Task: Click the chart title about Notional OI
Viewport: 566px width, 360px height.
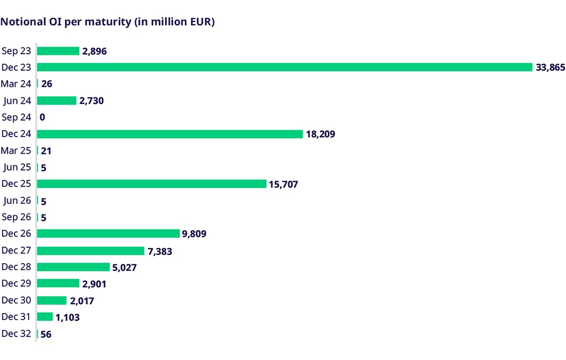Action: tap(108, 23)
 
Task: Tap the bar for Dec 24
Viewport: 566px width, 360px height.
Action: tap(170, 134)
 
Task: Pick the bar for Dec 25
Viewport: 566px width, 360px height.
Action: tap(151, 184)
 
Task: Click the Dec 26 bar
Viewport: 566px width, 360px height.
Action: tap(108, 233)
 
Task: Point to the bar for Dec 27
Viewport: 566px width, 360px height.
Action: tap(91, 251)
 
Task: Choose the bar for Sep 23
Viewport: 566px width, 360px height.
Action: tap(58, 51)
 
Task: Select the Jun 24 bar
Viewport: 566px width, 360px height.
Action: tap(56, 101)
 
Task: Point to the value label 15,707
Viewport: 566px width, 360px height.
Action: tap(284, 184)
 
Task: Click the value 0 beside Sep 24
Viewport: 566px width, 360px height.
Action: tap(42, 117)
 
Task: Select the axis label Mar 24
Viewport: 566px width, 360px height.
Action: tap(15, 84)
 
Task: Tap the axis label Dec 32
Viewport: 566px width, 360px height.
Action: tap(15, 333)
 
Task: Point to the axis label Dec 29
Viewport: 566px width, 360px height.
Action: tap(15, 283)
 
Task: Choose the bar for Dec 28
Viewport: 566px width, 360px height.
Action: tap(73, 267)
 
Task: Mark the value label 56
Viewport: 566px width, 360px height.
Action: tap(46, 334)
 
